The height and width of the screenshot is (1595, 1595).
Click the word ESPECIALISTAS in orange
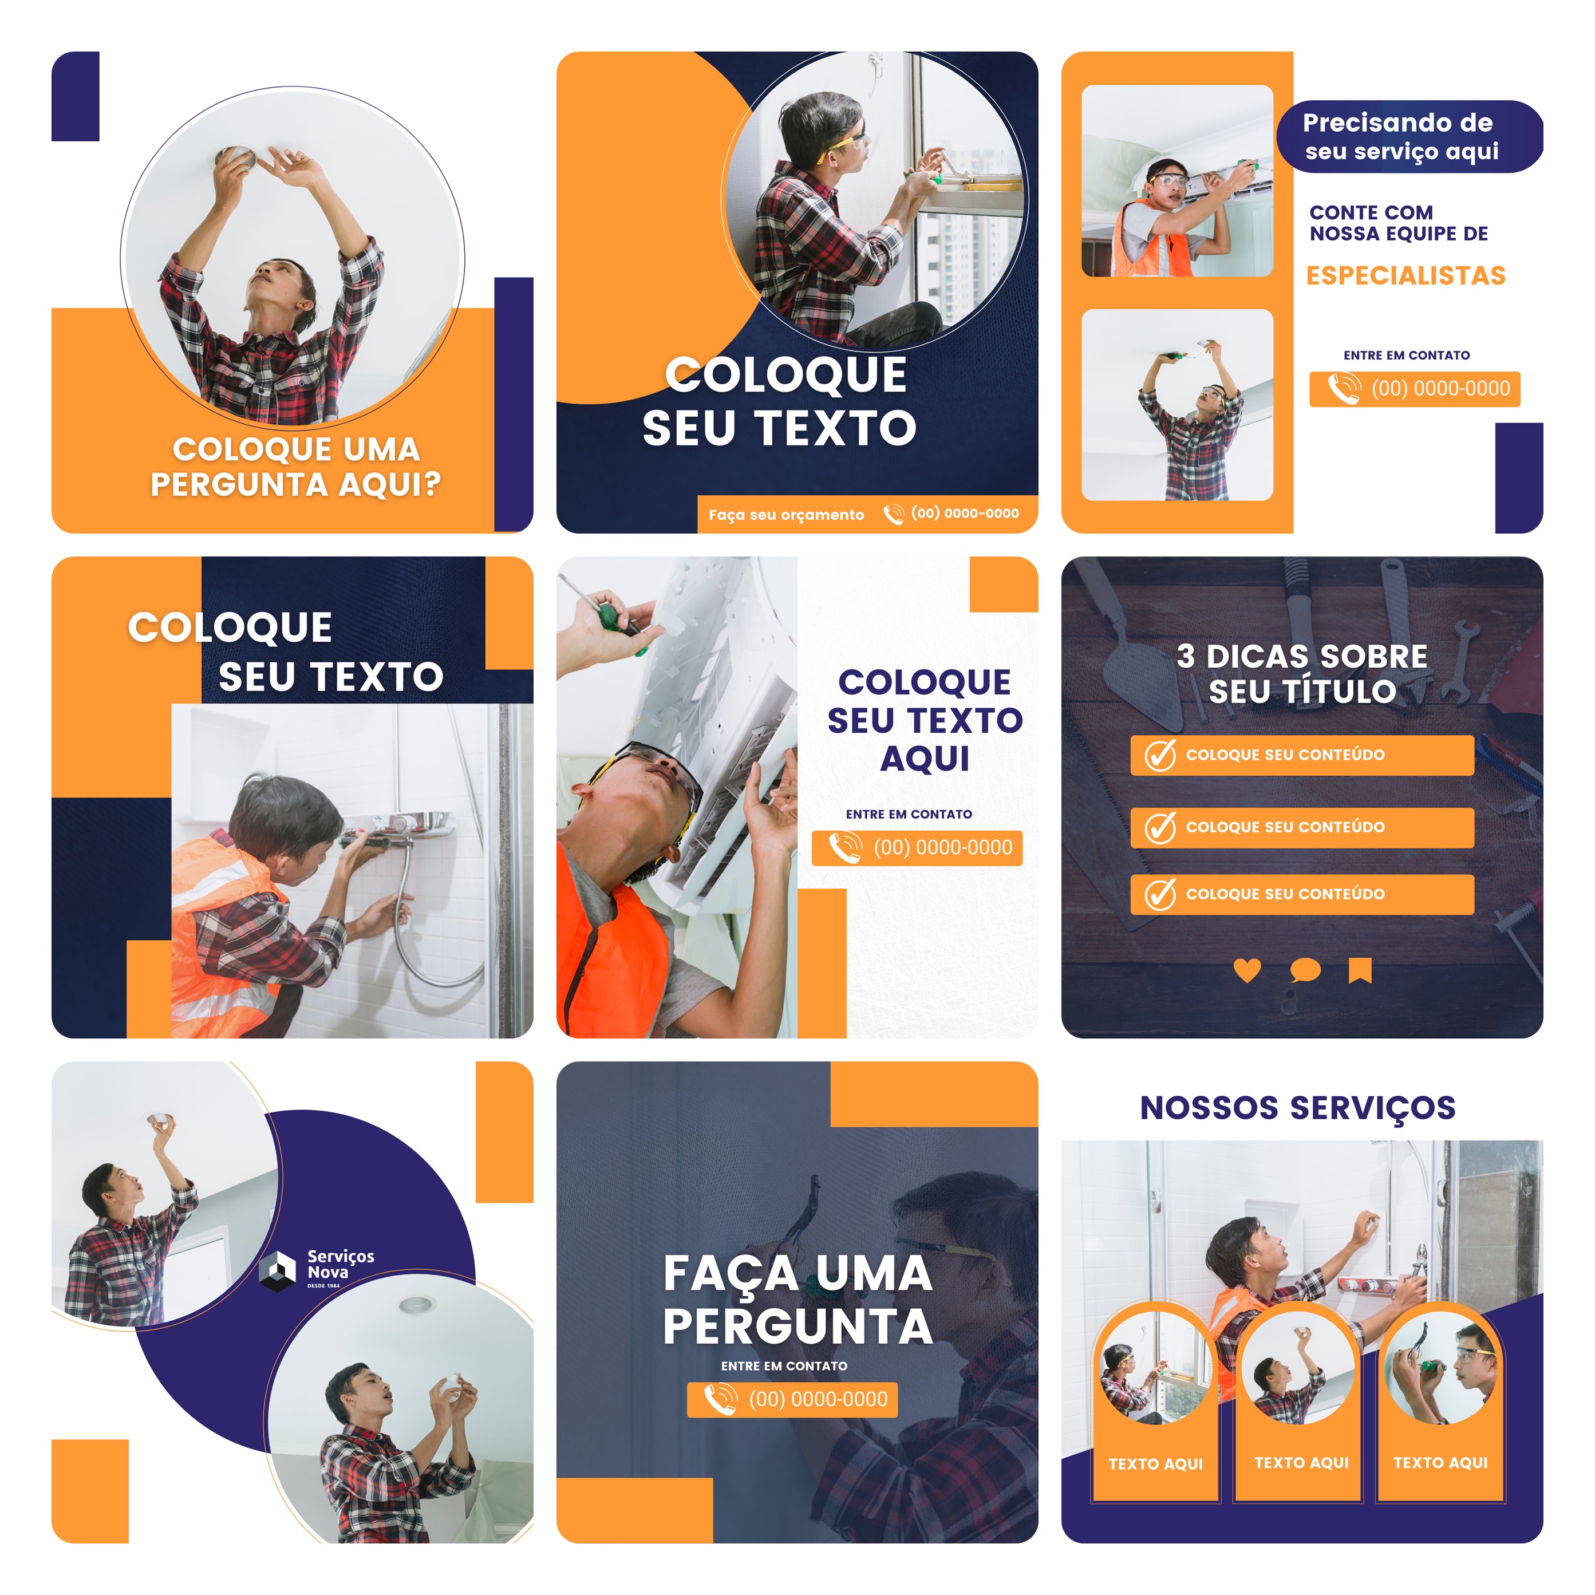(x=1405, y=276)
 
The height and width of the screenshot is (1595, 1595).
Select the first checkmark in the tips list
(x=1160, y=755)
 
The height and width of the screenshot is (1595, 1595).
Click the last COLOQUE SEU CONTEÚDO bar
(x=1301, y=894)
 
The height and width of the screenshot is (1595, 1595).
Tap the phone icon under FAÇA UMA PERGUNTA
(x=719, y=1399)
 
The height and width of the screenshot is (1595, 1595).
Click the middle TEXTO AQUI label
(x=1301, y=1463)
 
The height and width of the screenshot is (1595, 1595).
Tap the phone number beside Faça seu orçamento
(x=964, y=514)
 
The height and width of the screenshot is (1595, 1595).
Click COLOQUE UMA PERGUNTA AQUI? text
(x=295, y=467)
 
